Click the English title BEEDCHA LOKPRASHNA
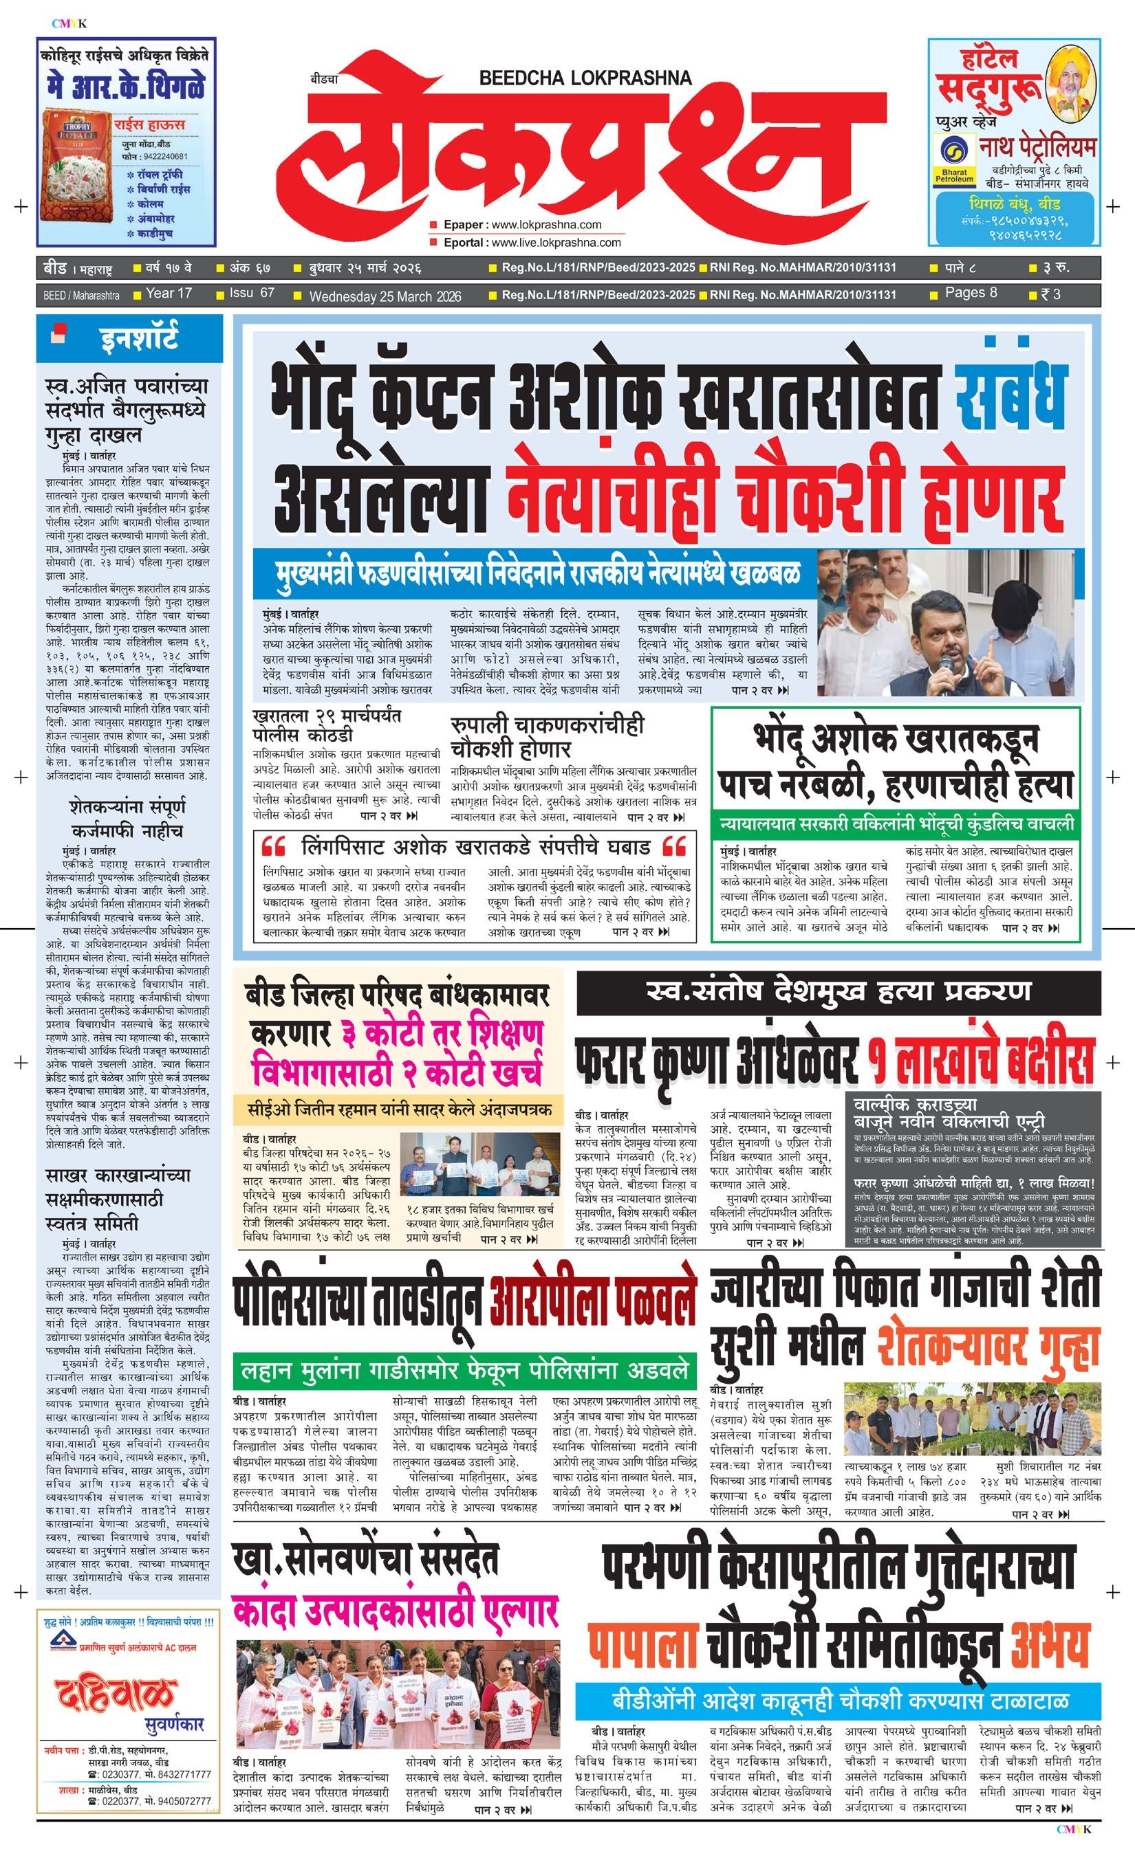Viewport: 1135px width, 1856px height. click(585, 76)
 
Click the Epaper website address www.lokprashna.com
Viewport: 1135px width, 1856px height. click(545, 225)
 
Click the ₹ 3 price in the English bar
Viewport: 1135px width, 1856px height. click(1050, 294)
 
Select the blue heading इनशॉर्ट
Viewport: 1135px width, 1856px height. click(140, 338)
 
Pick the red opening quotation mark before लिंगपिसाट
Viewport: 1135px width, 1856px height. click(272, 846)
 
